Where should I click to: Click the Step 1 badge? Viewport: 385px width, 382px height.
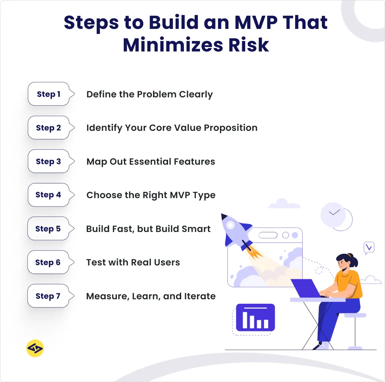(49, 94)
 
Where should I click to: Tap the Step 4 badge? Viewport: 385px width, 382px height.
(48, 195)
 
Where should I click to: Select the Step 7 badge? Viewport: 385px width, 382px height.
(48, 296)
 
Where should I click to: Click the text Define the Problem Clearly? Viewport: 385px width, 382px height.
(150, 94)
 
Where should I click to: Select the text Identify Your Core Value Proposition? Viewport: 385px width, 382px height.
(172, 128)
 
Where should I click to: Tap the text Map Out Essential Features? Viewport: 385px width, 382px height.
(151, 162)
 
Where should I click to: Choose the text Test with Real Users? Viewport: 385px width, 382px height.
(133, 262)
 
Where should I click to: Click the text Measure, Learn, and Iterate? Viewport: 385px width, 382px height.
(151, 296)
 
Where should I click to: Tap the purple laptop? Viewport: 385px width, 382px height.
(306, 288)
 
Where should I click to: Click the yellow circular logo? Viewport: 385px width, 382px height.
(35, 349)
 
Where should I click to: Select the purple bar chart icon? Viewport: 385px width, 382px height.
(255, 318)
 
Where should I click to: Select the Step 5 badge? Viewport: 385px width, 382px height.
(48, 229)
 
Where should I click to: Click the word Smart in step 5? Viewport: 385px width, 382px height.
(197, 229)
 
